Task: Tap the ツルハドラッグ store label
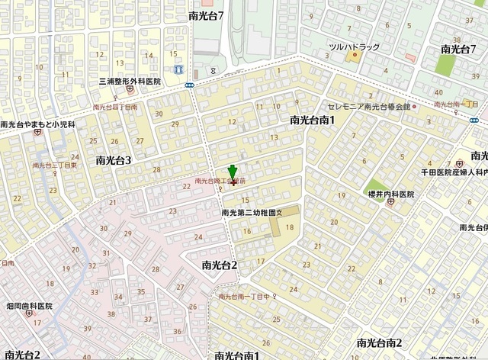pyautogui.click(x=353, y=47)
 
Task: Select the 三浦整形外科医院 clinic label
pyautogui.click(x=130, y=81)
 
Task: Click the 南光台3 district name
pyautogui.click(x=114, y=160)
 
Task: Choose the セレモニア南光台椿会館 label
pyautogui.click(x=368, y=107)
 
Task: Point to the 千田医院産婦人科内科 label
pyautogui.click(x=455, y=174)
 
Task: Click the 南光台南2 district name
pyautogui.click(x=378, y=342)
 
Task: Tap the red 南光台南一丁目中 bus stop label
pyautogui.click(x=243, y=297)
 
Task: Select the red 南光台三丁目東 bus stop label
pyautogui.click(x=54, y=165)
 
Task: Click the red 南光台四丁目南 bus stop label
pyautogui.click(x=115, y=108)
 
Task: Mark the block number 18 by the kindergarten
pyautogui.click(x=289, y=227)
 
